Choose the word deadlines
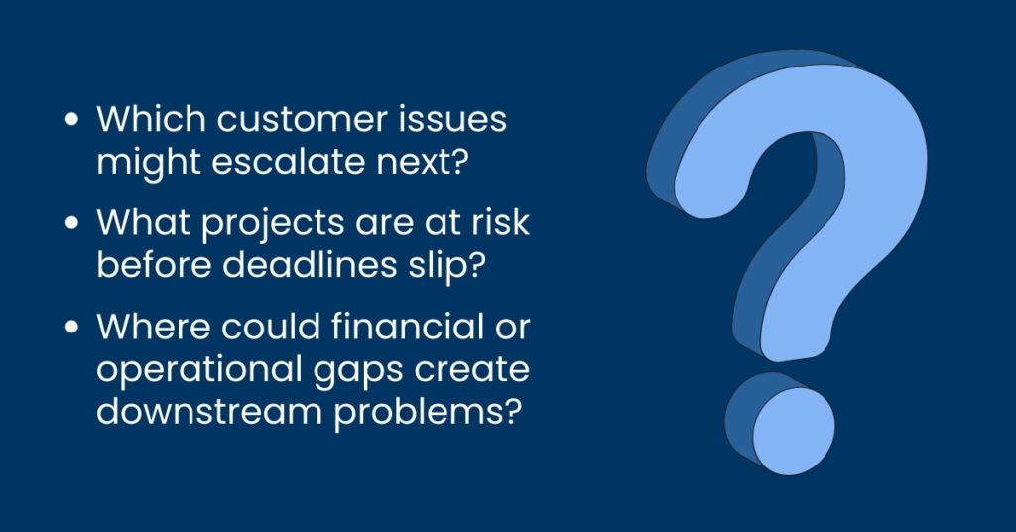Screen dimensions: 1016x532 pyautogui.click(x=310, y=264)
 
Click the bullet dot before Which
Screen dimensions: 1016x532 pyautogui.click(x=71, y=120)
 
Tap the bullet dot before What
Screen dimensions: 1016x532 pyautogui.click(x=71, y=223)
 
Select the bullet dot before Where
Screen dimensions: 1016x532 pyautogui.click(x=71, y=326)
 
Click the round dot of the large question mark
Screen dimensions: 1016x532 pyautogui.click(x=780, y=423)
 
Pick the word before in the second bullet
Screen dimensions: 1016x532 pyautogui.click(x=154, y=264)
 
